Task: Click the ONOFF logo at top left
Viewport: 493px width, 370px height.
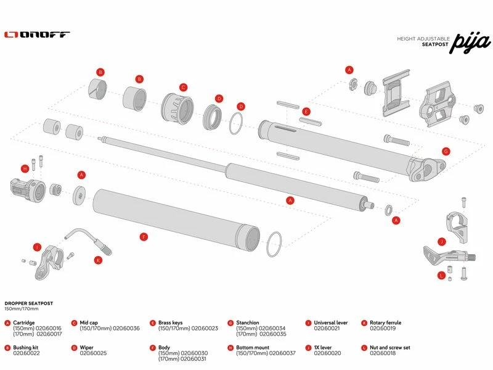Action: tap(37, 35)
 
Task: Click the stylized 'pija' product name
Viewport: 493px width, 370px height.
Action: tap(470, 43)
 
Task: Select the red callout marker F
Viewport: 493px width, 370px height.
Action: tap(144, 237)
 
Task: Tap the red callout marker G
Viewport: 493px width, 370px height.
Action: tap(446, 151)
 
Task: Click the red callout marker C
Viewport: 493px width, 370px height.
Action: tap(183, 87)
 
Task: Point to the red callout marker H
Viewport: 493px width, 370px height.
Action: tap(25, 168)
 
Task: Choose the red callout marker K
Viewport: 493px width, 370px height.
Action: tap(98, 260)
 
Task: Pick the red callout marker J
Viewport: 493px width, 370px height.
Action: tap(441, 241)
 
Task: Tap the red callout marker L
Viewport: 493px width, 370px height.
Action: tap(441, 275)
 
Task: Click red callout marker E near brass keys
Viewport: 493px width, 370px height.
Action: tap(306, 112)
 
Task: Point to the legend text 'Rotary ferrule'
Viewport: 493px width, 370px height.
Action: tap(385, 323)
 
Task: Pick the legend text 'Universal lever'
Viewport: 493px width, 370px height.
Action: tap(331, 323)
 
